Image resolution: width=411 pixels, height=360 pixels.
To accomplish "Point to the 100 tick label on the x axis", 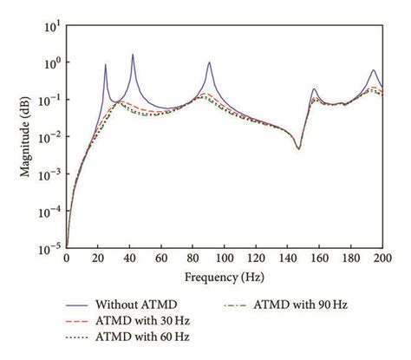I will coord(225,259).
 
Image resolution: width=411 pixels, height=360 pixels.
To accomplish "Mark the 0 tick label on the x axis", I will coord(67,259).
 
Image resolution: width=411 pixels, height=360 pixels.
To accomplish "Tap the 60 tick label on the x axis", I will coord(161,259).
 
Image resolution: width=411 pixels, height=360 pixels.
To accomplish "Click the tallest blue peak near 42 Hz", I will coord(133,55).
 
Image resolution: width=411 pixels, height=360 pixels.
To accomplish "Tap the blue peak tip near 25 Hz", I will coord(106,64).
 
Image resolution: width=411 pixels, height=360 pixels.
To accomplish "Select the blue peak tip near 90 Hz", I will coord(209,62).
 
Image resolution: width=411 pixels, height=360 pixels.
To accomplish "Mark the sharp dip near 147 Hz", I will coord(298,148).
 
